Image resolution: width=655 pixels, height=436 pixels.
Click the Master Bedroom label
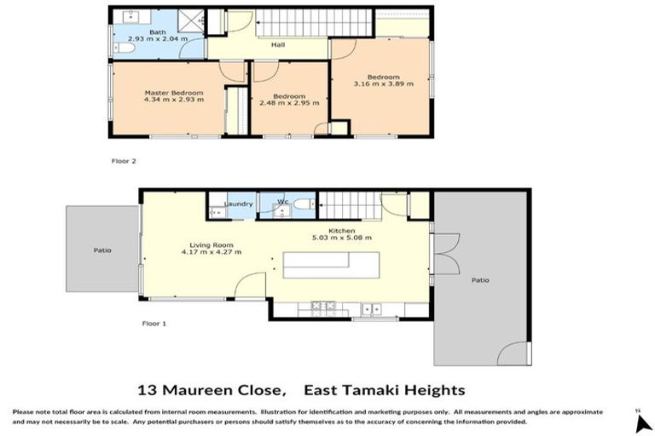click(173, 93)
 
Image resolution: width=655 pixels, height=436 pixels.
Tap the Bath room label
click(157, 32)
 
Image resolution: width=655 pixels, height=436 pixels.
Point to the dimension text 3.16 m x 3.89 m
click(383, 84)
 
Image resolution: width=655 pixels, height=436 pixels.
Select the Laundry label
click(238, 204)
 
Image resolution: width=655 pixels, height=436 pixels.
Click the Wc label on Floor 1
click(285, 202)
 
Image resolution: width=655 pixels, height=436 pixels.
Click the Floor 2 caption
click(125, 160)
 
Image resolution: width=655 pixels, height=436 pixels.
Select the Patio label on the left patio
click(102, 250)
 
